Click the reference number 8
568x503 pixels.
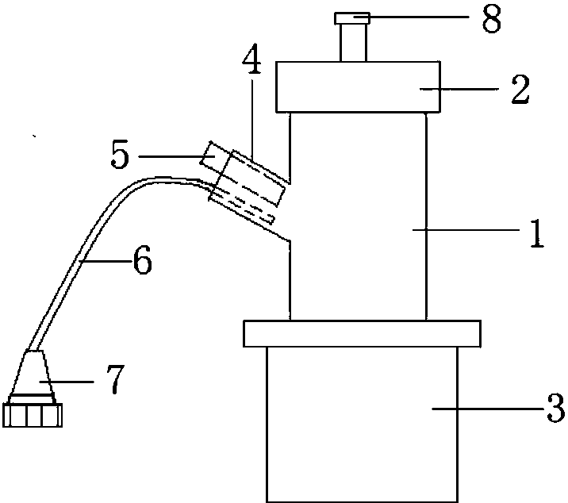[492, 19]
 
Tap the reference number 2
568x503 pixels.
[520, 90]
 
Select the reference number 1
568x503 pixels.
[538, 233]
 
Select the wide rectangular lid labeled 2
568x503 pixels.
[359, 87]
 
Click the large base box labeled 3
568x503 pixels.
[363, 424]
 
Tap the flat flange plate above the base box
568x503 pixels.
[363, 333]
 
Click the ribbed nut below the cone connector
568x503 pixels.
[33, 415]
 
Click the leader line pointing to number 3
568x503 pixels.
[489, 409]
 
